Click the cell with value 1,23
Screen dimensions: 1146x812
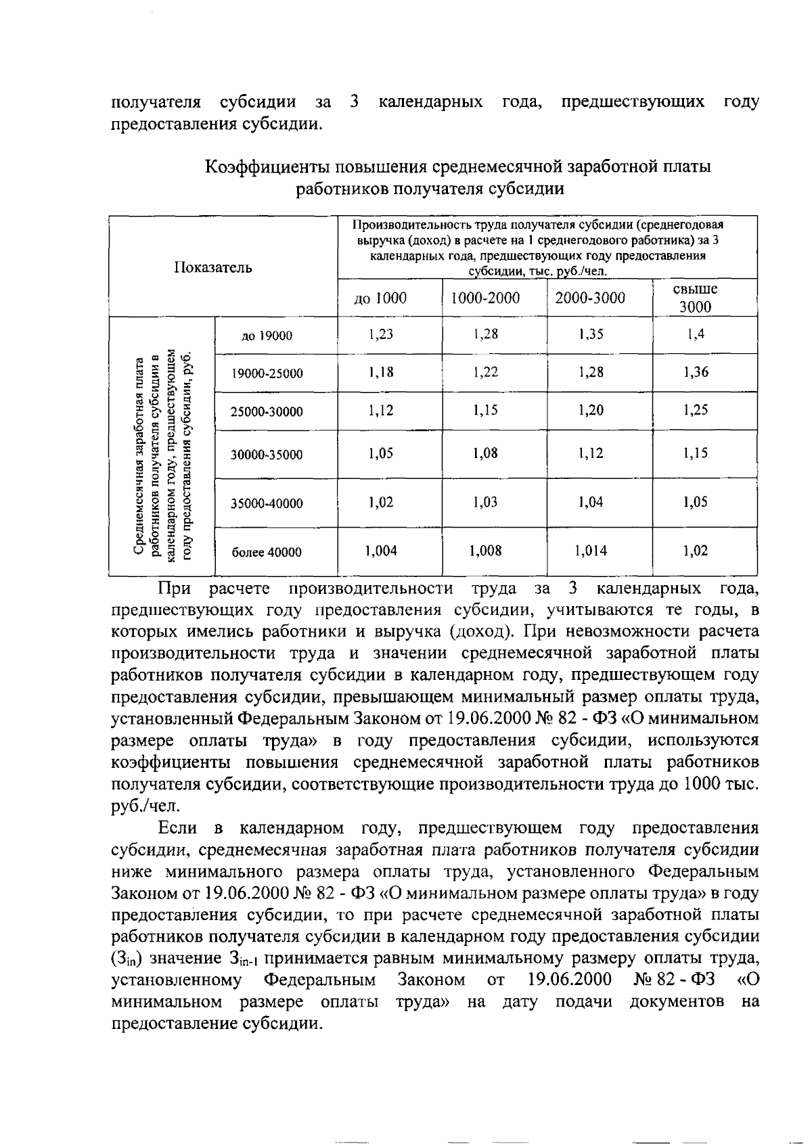(x=381, y=334)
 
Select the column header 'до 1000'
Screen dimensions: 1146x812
(x=380, y=298)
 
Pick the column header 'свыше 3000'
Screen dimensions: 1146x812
(x=696, y=298)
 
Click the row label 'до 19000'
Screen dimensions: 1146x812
(x=267, y=336)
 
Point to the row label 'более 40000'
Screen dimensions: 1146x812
(x=267, y=552)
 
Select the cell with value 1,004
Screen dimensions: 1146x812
(x=381, y=551)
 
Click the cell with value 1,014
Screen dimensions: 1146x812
(x=591, y=551)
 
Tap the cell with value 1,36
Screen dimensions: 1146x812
(x=696, y=372)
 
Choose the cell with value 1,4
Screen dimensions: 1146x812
(x=696, y=334)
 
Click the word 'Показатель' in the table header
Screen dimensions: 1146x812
(x=213, y=267)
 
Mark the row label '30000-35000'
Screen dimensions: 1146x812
(x=267, y=455)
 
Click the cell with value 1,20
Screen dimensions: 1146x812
(x=591, y=410)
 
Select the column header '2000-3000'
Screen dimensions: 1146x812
(x=590, y=298)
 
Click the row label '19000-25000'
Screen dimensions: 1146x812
(x=267, y=373)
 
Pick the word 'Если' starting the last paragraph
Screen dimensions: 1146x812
(x=177, y=828)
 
